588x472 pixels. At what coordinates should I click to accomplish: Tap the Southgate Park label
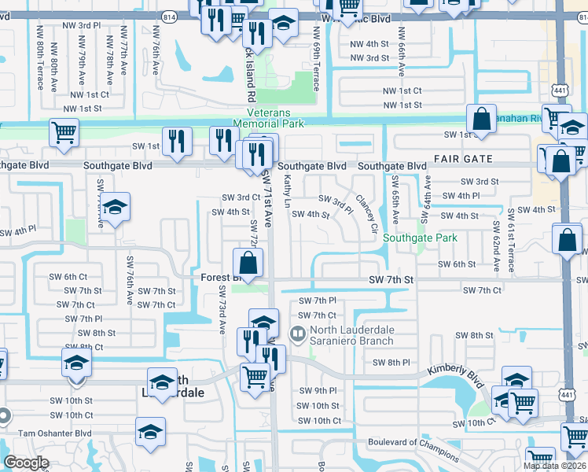click(424, 237)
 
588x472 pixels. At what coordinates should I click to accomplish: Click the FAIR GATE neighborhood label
click(463, 159)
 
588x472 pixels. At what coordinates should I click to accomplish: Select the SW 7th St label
click(391, 280)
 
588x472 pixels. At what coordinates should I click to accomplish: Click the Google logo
click(26, 463)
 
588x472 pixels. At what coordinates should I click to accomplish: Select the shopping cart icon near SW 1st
click(64, 131)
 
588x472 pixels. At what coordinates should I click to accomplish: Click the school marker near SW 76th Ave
click(115, 208)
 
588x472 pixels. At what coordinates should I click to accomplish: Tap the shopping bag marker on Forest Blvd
click(248, 264)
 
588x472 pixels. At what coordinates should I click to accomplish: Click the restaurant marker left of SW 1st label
click(178, 142)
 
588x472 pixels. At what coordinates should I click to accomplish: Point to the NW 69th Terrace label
click(316, 59)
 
